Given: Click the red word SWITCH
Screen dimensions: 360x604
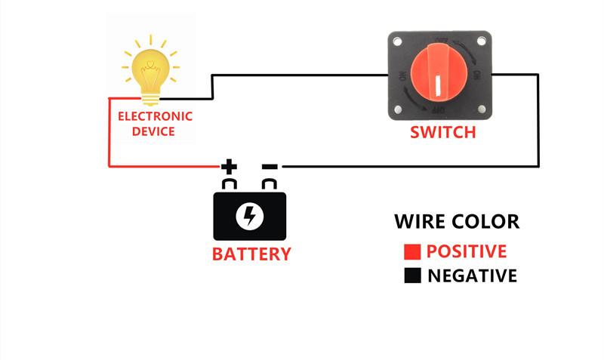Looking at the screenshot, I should point(443,133).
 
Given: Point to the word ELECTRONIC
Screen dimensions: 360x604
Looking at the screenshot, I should point(155,117).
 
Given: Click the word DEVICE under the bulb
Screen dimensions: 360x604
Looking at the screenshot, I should point(153,131).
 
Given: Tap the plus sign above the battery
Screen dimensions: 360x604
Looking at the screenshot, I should point(229,166).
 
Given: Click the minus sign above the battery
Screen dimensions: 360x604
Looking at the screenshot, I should point(270,166).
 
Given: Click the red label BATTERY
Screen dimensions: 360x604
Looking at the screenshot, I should point(251,254).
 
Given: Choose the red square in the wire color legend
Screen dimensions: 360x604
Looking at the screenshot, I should point(412,252).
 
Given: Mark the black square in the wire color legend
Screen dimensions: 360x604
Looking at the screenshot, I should point(412,276).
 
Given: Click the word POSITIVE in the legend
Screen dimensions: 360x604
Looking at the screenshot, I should point(466,252).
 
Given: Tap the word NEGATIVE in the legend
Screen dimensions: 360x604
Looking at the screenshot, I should point(472,276).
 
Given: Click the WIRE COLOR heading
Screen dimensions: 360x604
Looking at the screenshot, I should point(457,222).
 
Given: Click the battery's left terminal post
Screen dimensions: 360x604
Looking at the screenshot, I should point(230,184).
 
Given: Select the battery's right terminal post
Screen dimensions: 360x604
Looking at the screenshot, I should point(270,184).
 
